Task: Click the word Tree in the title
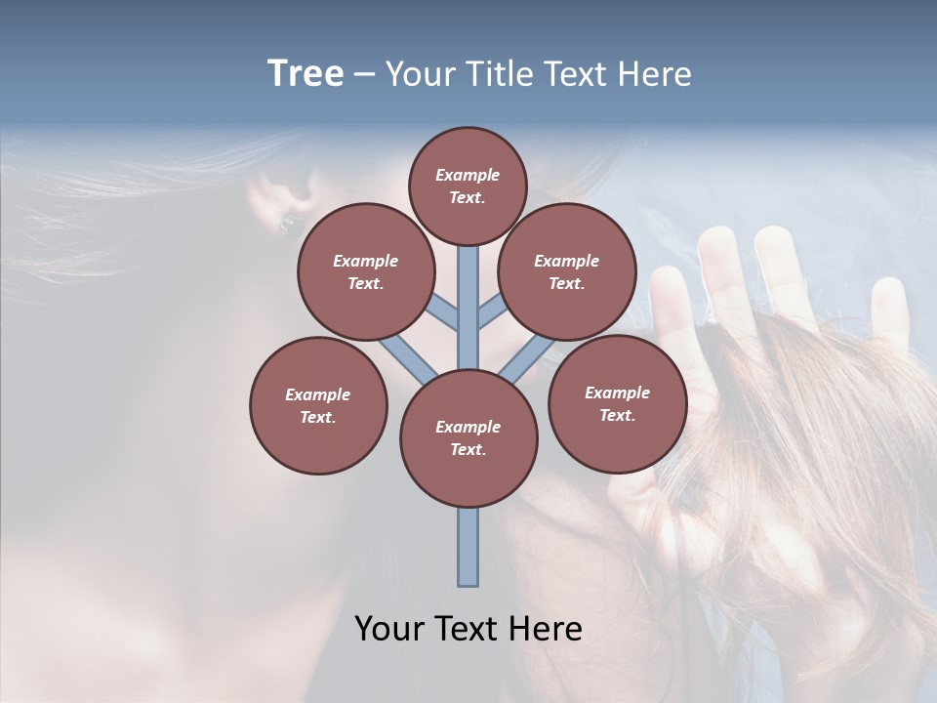306,74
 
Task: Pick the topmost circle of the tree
468,186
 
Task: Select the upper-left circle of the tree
365,271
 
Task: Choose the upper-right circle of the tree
566,271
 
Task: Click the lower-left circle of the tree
318,405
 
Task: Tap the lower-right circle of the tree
617,402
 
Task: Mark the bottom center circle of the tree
468,437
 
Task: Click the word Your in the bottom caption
387,629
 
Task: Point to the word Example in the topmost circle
468,175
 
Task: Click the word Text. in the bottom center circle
468,449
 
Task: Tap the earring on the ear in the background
287,225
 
